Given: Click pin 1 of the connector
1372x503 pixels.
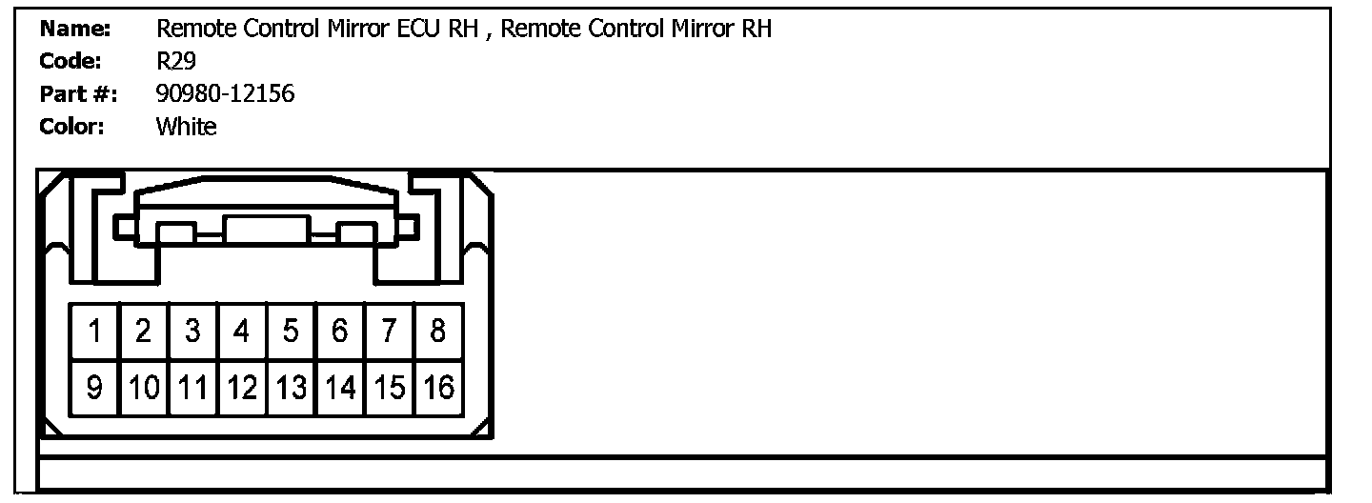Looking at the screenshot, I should pos(94,332).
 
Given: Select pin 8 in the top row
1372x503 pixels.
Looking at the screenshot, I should pos(437,332).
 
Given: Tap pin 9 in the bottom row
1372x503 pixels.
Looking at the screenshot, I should pos(94,388).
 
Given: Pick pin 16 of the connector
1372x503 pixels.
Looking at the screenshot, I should pos(438,388).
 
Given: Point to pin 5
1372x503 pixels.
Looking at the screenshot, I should pos(291,332).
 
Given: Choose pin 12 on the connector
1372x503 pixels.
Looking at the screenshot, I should pos(242,388).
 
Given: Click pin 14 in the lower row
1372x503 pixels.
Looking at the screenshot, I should pos(340,388).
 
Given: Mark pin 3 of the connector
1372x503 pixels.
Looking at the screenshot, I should pos(192,332).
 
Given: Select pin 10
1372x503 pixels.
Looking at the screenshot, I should pos(144,388).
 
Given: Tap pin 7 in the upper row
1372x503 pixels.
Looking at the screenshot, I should pos(389,332).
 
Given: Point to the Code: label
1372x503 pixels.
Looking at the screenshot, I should pos(71,62).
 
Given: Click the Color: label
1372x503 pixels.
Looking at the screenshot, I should pos(71,127).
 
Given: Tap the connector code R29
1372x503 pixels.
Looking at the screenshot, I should pos(176,62).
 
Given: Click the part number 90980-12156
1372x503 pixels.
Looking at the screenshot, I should pos(225,94).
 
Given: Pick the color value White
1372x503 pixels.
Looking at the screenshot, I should pos(186,127).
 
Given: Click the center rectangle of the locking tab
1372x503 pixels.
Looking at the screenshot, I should pos(266,230).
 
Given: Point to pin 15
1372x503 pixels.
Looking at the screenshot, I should pos(389,388).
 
